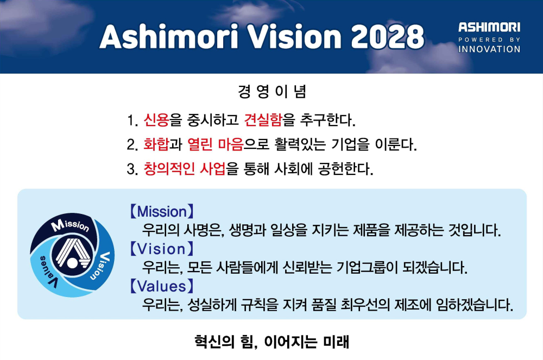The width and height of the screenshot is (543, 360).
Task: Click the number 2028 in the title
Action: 388,37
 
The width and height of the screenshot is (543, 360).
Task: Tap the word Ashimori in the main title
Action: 169,37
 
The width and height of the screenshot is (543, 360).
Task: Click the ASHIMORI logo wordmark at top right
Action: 489,27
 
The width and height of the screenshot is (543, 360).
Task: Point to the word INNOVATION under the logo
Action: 489,49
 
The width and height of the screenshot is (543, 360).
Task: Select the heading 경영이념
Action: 272,92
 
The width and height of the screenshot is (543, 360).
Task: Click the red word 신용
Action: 156,120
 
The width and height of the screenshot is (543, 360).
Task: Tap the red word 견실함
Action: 263,120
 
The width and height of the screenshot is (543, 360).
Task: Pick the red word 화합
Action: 156,144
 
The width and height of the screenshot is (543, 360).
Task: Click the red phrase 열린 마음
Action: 216,144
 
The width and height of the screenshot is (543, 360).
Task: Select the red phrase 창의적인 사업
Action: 185,168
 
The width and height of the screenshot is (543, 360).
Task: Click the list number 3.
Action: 132,169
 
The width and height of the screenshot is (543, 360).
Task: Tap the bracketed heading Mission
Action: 162,212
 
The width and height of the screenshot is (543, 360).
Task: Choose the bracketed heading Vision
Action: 162,249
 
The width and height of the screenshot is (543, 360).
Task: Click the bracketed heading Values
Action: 162,286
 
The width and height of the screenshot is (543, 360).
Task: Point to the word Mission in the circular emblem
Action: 70,225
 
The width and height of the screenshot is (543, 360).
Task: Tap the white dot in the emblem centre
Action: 72,263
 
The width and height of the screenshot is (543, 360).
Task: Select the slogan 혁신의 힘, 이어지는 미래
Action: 272,342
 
